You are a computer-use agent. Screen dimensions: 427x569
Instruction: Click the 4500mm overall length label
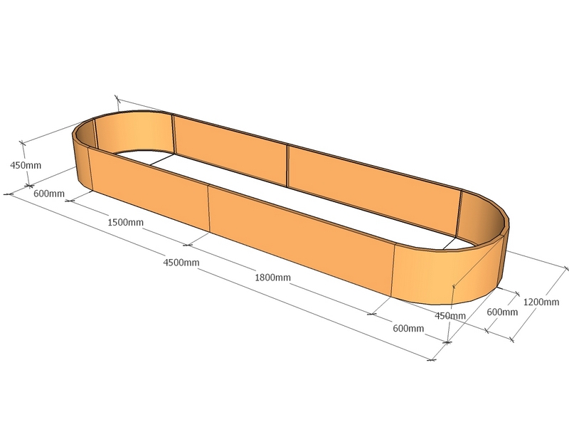[181, 263]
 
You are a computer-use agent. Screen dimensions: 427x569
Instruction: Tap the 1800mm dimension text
[273, 277]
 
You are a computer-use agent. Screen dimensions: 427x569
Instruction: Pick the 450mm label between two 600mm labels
[452, 316]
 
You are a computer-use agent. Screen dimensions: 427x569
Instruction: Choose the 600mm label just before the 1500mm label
[49, 194]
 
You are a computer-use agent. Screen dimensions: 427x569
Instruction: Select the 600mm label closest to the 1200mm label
[502, 312]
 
